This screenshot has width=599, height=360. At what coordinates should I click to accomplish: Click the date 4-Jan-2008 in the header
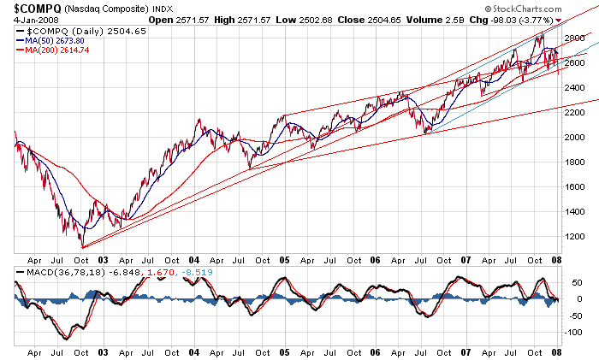25,21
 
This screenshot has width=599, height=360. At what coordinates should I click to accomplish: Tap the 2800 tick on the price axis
577,38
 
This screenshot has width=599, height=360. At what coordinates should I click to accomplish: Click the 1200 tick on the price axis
577,236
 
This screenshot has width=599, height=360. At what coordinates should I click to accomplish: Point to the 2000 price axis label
577,137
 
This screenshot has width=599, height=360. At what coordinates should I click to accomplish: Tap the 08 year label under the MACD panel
556,352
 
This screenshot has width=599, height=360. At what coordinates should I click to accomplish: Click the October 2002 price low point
84,247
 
